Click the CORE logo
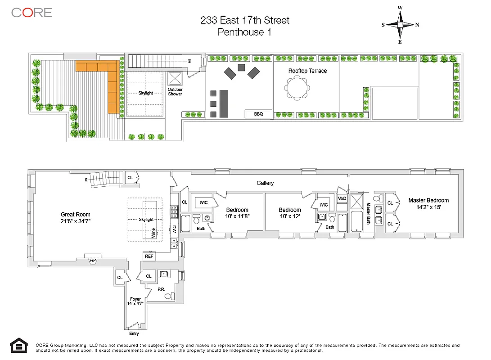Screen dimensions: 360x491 click(32, 12)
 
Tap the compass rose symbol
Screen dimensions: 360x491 click(400, 25)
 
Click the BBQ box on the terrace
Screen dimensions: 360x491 click(258, 114)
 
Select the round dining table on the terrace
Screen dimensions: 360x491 click(297, 88)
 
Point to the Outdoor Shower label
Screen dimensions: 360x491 click(175, 92)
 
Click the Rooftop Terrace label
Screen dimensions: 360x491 click(308, 71)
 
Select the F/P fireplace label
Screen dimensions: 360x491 click(93, 260)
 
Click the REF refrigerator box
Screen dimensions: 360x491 click(149, 256)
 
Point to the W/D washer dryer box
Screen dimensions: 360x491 click(342, 198)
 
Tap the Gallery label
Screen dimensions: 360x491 click(265, 183)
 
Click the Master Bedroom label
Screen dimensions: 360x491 click(428, 200)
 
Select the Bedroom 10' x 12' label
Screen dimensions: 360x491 click(290, 213)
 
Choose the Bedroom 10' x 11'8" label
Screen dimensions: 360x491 click(237, 213)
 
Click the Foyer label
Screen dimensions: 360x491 click(135, 299)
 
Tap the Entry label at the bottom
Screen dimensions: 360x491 click(134, 333)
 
